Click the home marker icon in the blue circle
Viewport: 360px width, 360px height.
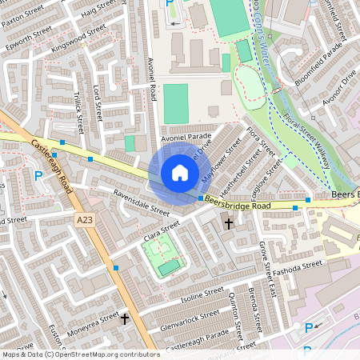pos(179,173)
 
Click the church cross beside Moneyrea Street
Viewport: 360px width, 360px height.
pos(124,318)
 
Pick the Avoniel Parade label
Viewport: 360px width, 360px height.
pos(186,138)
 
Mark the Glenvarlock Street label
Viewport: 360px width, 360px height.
pos(190,318)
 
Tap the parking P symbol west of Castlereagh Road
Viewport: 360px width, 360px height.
pos(38,176)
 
